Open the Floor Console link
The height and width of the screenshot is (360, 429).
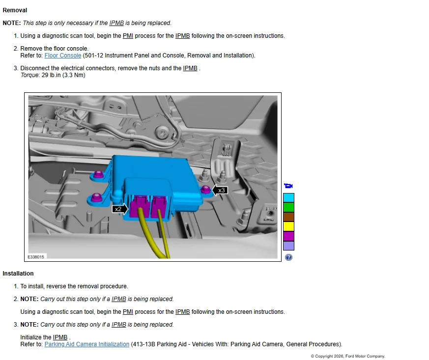click(62, 55)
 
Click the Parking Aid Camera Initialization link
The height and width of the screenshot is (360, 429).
click(86, 344)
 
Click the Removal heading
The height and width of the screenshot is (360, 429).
click(15, 10)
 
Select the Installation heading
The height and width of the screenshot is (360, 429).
click(18, 274)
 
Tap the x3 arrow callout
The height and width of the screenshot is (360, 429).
click(220, 190)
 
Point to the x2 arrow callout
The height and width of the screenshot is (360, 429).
click(120, 209)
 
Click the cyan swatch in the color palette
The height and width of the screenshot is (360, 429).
click(288, 197)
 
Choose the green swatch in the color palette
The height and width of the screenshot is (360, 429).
click(288, 207)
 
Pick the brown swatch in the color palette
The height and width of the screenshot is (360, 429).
click(288, 217)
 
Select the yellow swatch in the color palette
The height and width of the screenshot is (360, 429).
click(288, 226)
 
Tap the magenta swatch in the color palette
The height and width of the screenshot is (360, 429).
click(288, 236)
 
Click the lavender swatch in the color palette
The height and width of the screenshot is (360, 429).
click(288, 246)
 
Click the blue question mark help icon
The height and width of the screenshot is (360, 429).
click(288, 257)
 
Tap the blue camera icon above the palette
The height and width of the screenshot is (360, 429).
click(288, 186)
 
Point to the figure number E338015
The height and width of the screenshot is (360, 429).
click(36, 257)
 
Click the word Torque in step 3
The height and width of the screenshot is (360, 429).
click(29, 75)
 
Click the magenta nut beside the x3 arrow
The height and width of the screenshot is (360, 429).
click(206, 189)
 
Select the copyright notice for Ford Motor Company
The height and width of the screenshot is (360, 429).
click(348, 356)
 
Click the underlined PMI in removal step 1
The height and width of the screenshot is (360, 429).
click(128, 36)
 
